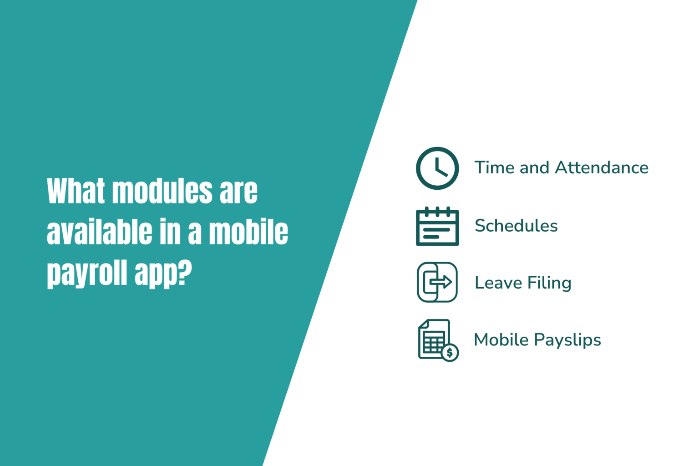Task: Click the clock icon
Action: click(x=437, y=168)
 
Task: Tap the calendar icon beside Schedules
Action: click(x=437, y=226)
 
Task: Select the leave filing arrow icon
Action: click(x=437, y=282)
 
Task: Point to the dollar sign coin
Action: click(x=450, y=352)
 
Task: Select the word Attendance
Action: click(x=602, y=167)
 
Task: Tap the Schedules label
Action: click(x=516, y=226)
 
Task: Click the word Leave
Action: click(x=498, y=283)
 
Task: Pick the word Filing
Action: click(x=549, y=283)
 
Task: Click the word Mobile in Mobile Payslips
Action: click(x=501, y=339)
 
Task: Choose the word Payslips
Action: click(x=567, y=340)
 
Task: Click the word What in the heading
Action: click(x=76, y=191)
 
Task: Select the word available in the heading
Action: click(x=100, y=232)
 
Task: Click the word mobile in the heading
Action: click(x=248, y=232)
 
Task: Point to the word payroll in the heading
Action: click(x=87, y=273)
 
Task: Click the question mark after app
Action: click(x=185, y=272)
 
